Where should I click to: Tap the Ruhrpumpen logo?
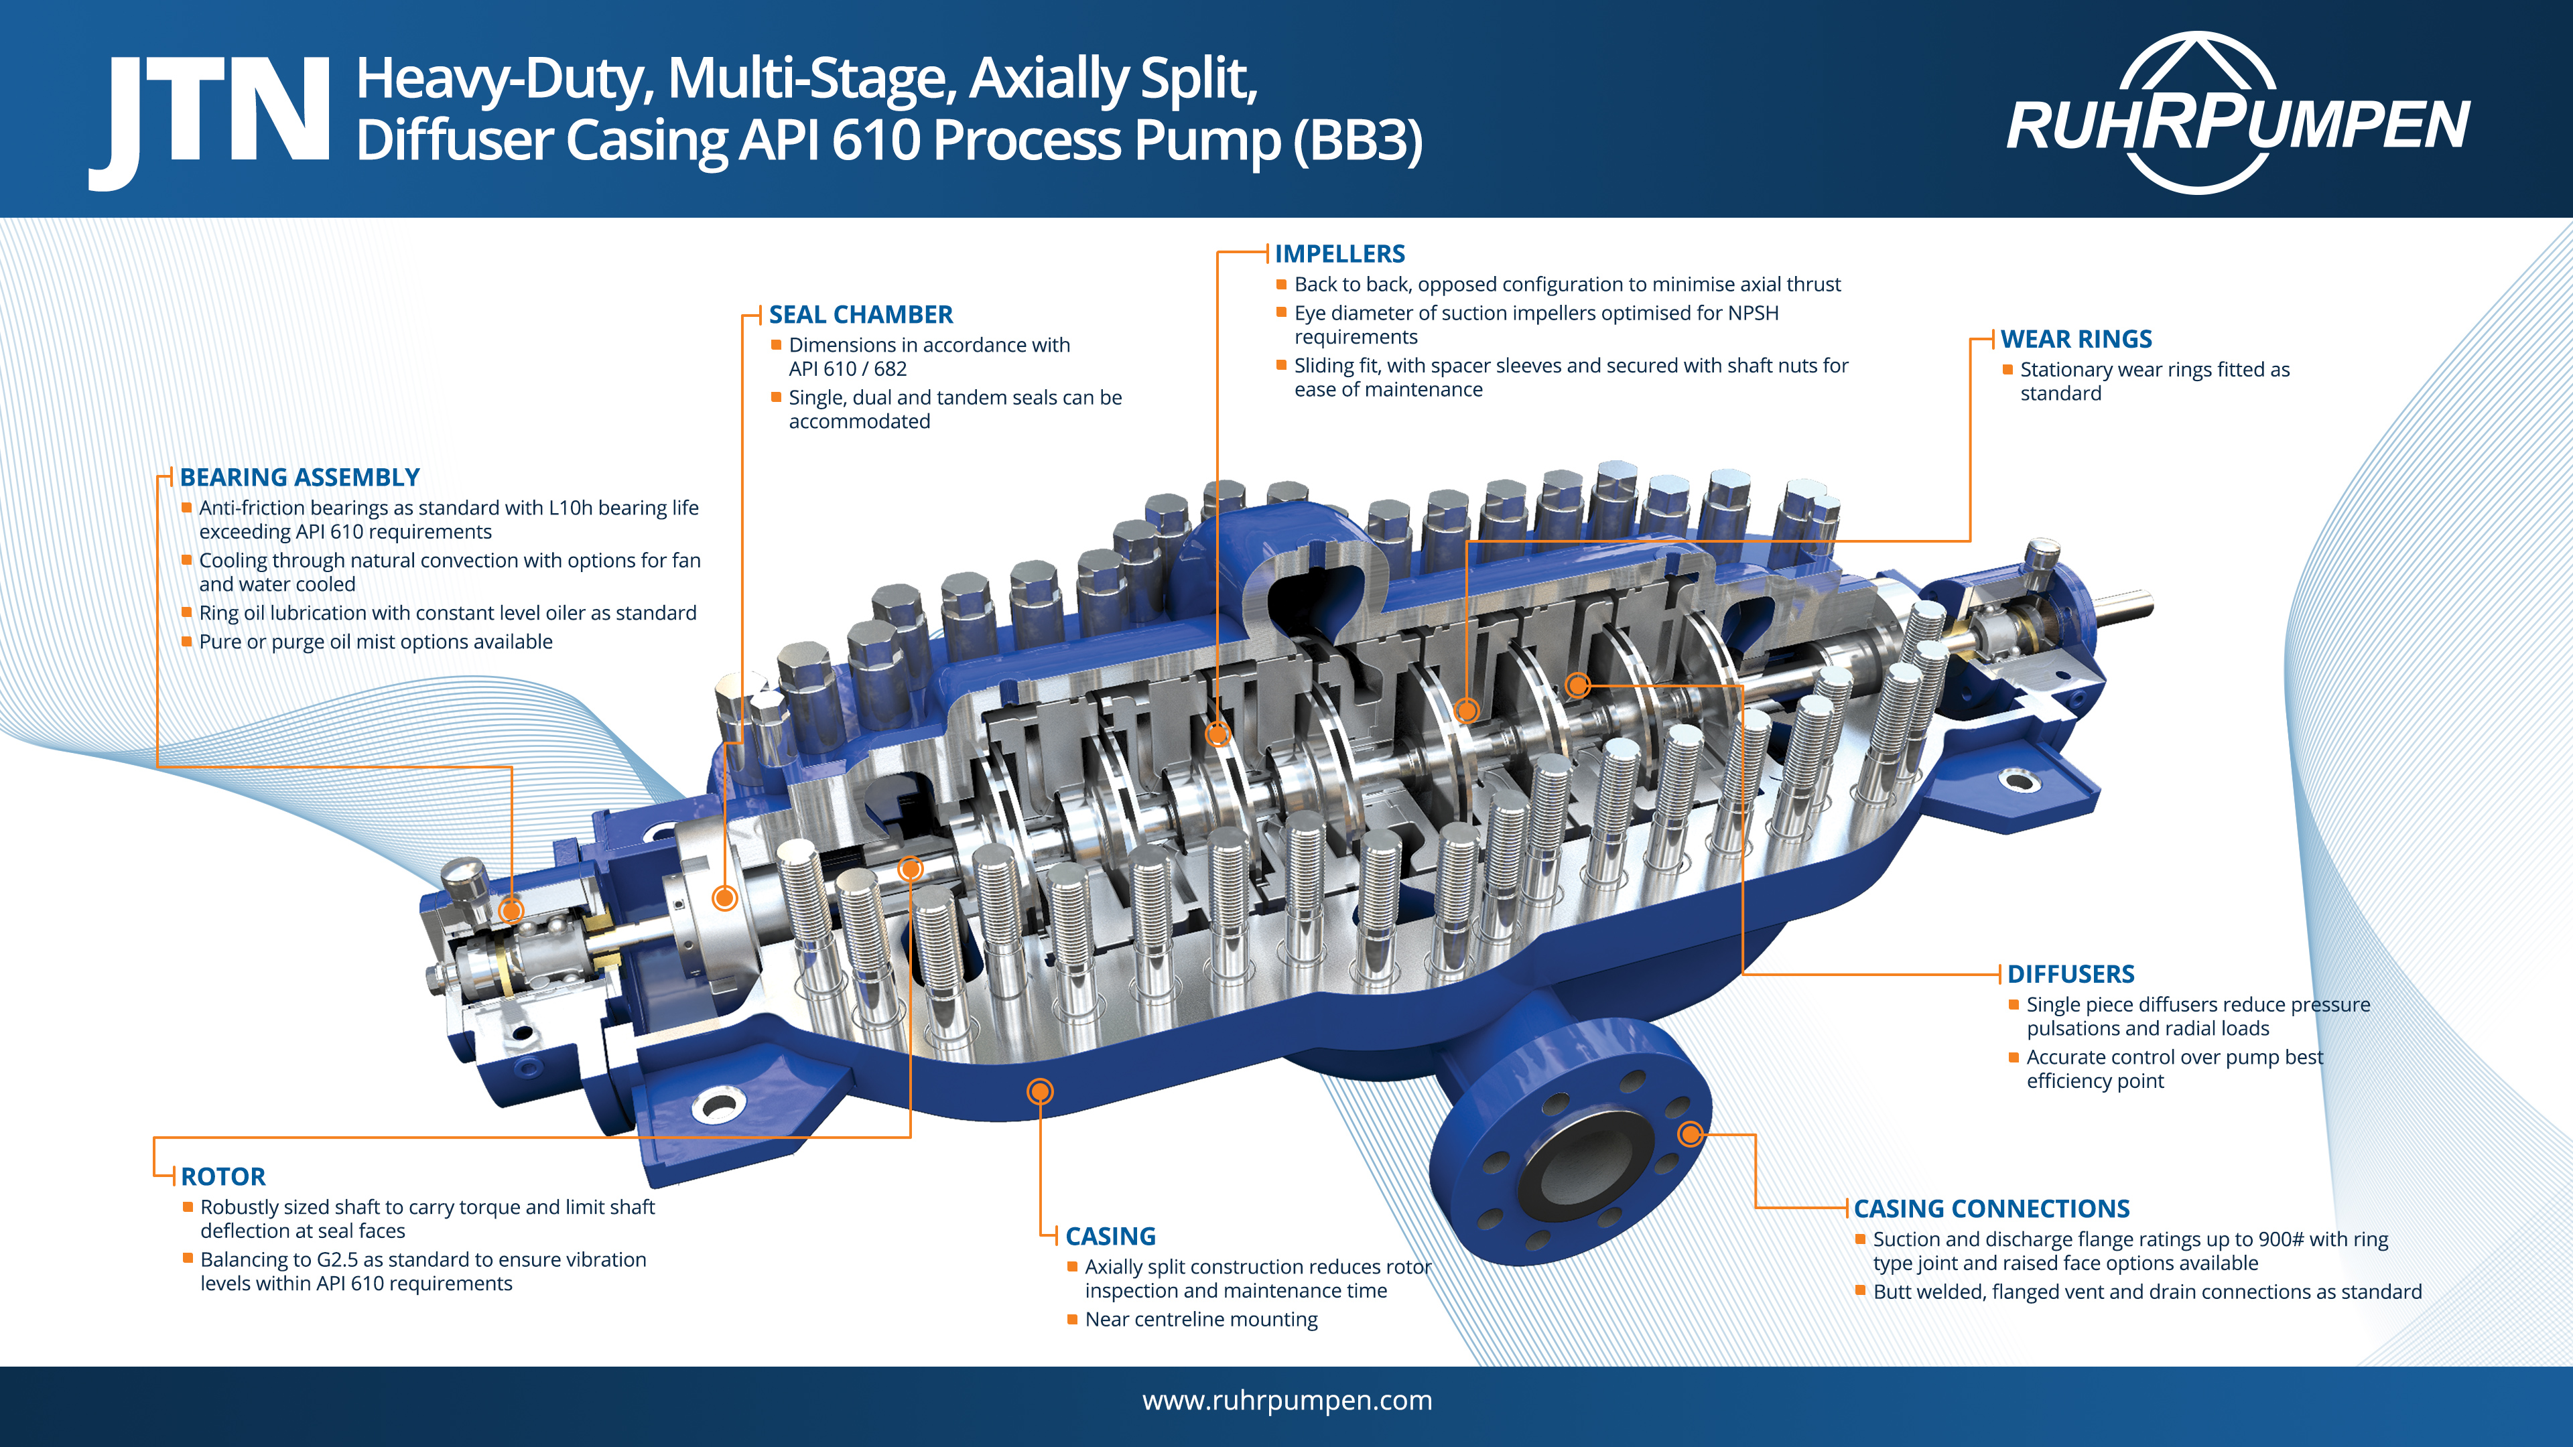2237,115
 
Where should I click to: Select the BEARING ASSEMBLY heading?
300,478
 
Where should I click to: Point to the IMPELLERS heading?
1339,254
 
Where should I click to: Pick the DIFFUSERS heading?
2070,973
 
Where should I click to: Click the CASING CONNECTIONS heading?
1991,1209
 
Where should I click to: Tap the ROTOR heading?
222,1176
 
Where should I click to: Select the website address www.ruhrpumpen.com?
1286,1400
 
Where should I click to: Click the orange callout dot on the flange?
1690,1133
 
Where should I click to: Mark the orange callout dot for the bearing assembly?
511,910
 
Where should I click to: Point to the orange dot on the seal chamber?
725,898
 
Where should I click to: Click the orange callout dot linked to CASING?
1040,1091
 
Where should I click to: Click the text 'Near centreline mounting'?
1201,1319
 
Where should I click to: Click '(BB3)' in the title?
1358,140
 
